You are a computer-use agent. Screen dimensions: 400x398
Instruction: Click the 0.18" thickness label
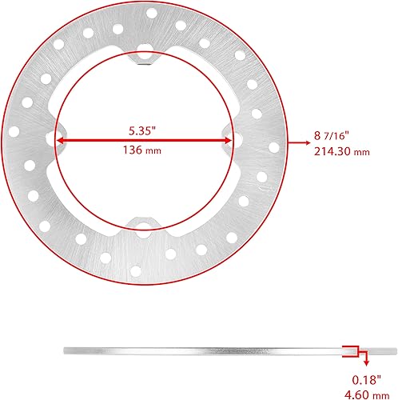coord(368,381)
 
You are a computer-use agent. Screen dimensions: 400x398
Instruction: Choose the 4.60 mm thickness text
coord(368,394)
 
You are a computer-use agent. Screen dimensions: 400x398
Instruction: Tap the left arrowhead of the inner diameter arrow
coord(61,140)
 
